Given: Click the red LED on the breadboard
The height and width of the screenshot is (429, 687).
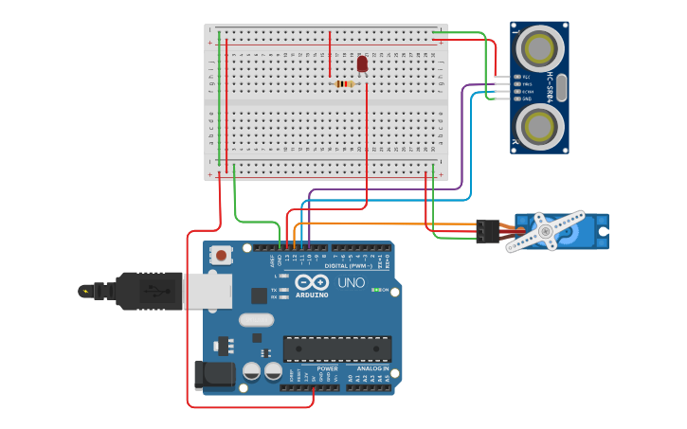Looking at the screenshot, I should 362,63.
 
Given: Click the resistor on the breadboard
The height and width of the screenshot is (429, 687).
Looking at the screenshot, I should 345,83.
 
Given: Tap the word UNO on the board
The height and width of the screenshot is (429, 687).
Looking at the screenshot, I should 352,282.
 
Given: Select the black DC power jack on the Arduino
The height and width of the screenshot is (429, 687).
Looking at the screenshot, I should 212,374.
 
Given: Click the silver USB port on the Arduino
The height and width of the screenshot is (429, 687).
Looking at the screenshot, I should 208,291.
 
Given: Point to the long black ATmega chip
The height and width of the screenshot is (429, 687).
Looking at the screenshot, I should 336,349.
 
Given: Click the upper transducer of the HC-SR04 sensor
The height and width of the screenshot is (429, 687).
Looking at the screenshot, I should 540,47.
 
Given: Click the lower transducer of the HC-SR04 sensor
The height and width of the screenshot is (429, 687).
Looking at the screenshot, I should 540,125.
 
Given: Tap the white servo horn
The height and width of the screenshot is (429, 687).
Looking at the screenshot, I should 546,231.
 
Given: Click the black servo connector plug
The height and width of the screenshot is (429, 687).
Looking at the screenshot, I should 487,230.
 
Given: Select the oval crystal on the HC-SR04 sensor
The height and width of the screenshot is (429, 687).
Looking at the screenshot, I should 561,87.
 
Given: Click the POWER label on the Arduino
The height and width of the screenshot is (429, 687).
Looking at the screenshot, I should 314,368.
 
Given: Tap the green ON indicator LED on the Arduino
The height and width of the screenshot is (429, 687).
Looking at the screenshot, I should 374,290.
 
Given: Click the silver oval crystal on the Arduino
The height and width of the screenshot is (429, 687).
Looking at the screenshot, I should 256,319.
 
